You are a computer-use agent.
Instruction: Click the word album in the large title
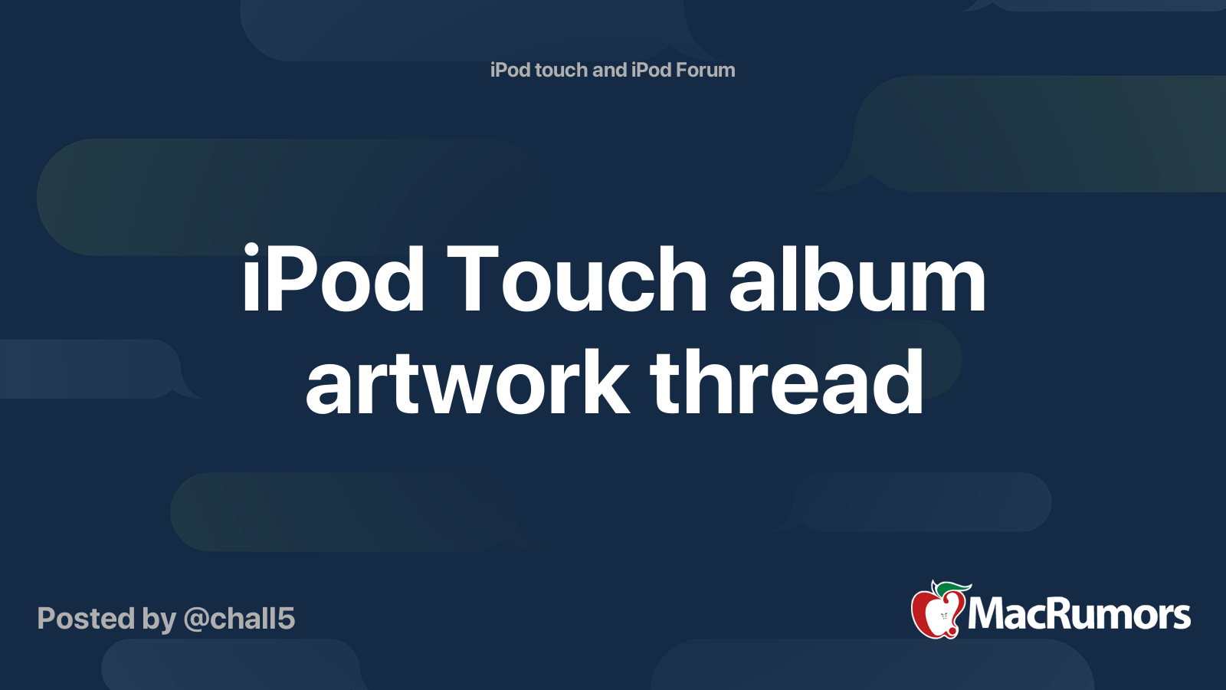click(857, 279)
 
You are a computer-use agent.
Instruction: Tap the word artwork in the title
click(467, 382)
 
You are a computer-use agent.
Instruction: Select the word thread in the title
click(787, 382)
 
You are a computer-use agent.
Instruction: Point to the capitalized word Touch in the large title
click(577, 279)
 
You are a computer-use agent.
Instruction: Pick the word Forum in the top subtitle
click(706, 70)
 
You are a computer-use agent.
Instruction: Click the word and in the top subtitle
click(610, 70)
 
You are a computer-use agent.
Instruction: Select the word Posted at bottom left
click(87, 619)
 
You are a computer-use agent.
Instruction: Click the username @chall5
click(240, 619)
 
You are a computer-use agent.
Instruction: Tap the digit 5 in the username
click(286, 619)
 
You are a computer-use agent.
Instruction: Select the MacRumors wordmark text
click(1079, 614)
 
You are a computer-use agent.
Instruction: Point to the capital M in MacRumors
click(987, 614)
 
